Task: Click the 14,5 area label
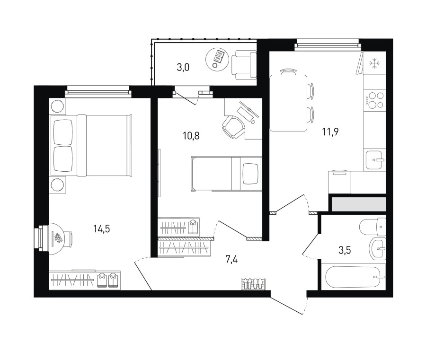pos(102,229)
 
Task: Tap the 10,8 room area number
pos(191,135)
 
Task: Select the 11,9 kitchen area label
pos(330,132)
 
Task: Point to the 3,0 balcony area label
pos(183,67)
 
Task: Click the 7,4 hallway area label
pos(231,260)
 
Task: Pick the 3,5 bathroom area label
pos(345,250)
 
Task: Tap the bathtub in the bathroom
pos(355,277)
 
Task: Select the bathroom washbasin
pos(377,248)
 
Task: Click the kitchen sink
pos(374,160)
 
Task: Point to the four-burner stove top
pos(374,100)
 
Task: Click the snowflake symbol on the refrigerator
pos(375,64)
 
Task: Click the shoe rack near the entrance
pos(253,284)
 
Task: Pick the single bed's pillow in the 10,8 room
pos(250,174)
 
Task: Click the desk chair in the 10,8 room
pos(232,127)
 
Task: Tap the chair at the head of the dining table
pos(289,72)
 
